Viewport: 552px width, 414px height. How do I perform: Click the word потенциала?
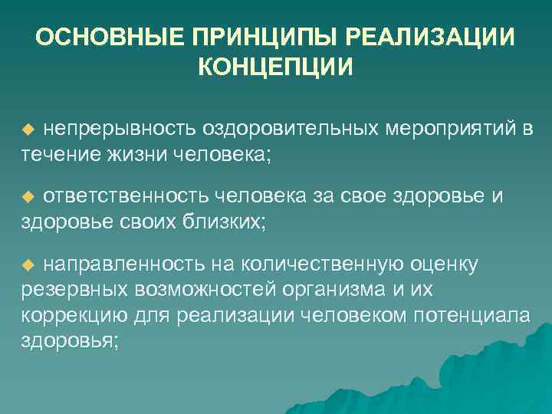click(x=472, y=316)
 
